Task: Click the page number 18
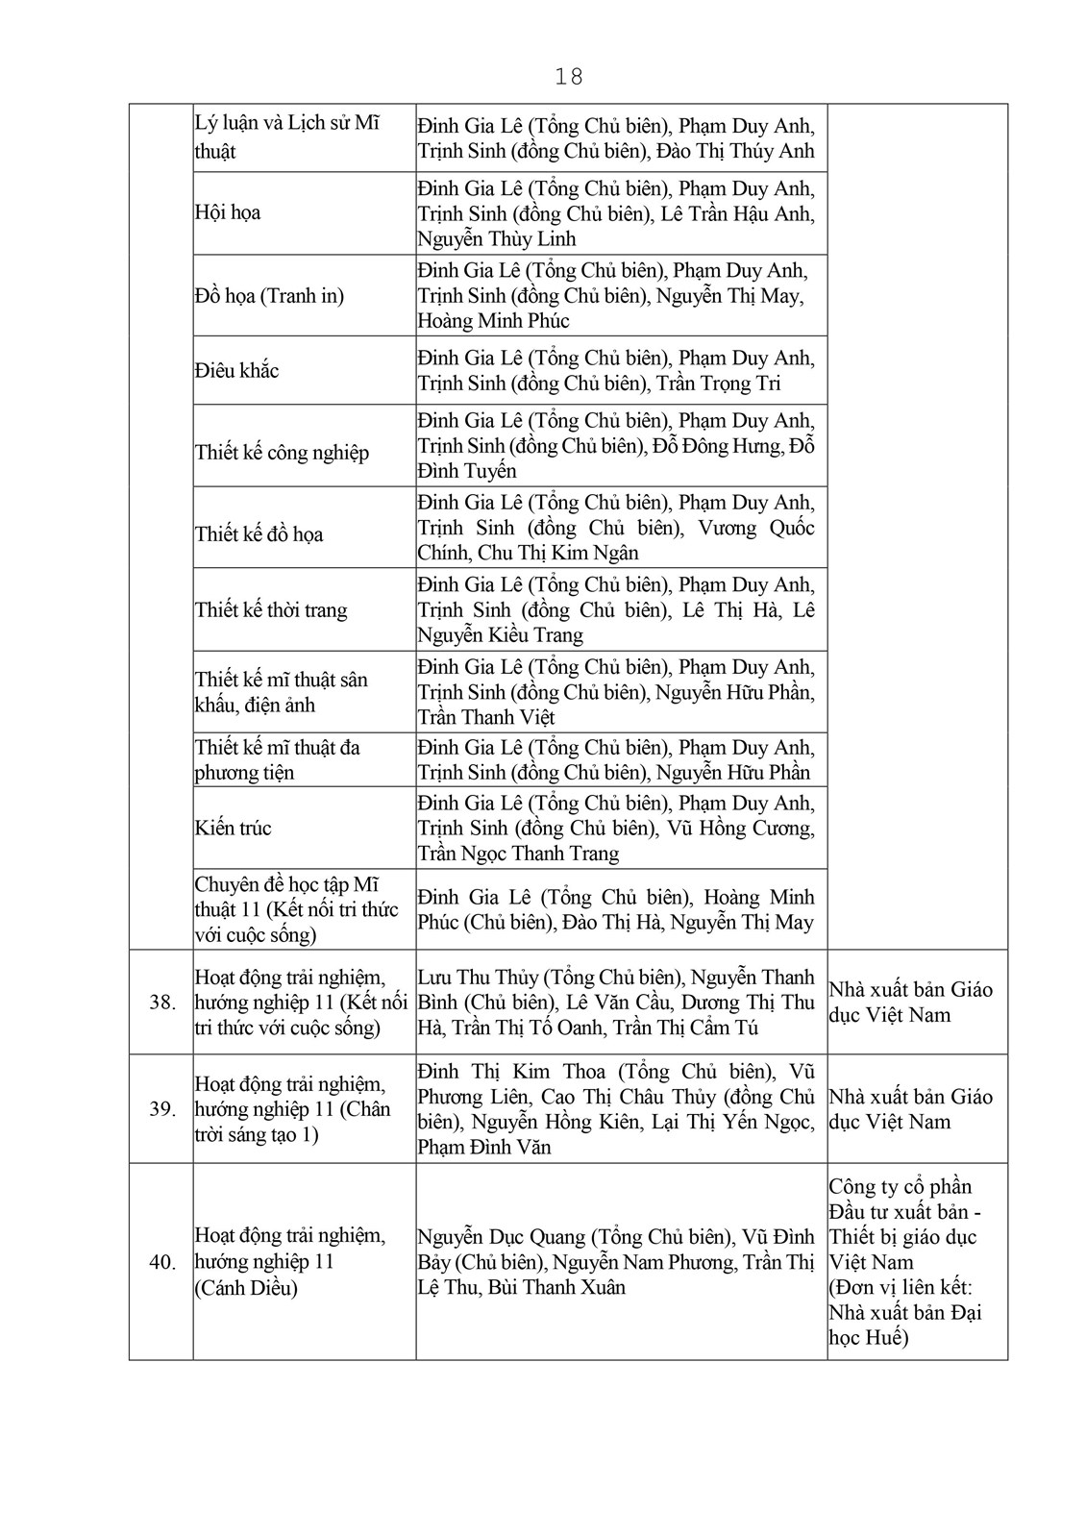569,77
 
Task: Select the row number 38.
162,1003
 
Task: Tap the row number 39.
162,1109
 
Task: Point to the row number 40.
162,1262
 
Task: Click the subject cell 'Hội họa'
228,212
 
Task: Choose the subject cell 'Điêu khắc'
236,370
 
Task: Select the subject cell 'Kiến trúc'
234,828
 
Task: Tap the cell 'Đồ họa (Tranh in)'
269,295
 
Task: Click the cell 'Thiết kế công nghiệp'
282,452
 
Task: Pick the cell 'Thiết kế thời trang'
271,609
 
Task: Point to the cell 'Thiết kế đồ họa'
259,533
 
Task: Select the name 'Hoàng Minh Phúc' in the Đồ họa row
493,320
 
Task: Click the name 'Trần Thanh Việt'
485,717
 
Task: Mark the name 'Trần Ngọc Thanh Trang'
518,854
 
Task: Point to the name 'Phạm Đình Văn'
483,1147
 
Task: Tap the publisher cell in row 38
910,1003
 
